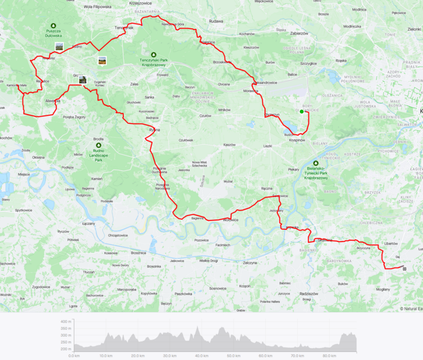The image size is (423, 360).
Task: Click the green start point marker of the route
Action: pyautogui.click(x=302, y=111)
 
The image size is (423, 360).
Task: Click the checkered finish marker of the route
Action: pyautogui.click(x=405, y=269)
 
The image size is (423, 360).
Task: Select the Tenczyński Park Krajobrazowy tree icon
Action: pyautogui.click(x=153, y=54)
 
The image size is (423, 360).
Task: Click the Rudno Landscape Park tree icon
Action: pyautogui.click(x=98, y=144)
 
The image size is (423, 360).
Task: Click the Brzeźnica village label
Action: pyautogui.click(x=139, y=252)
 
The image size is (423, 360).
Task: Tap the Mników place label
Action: pyautogui.click(x=224, y=110)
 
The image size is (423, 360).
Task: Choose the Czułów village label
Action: pyautogui.click(x=205, y=115)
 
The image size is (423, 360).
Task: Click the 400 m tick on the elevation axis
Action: pyautogui.click(x=66, y=321)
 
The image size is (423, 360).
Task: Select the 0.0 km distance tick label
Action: pyautogui.click(x=74, y=356)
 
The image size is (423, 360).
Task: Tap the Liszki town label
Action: pyautogui.click(x=268, y=145)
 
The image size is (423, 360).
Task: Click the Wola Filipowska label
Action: pyautogui.click(x=83, y=7)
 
